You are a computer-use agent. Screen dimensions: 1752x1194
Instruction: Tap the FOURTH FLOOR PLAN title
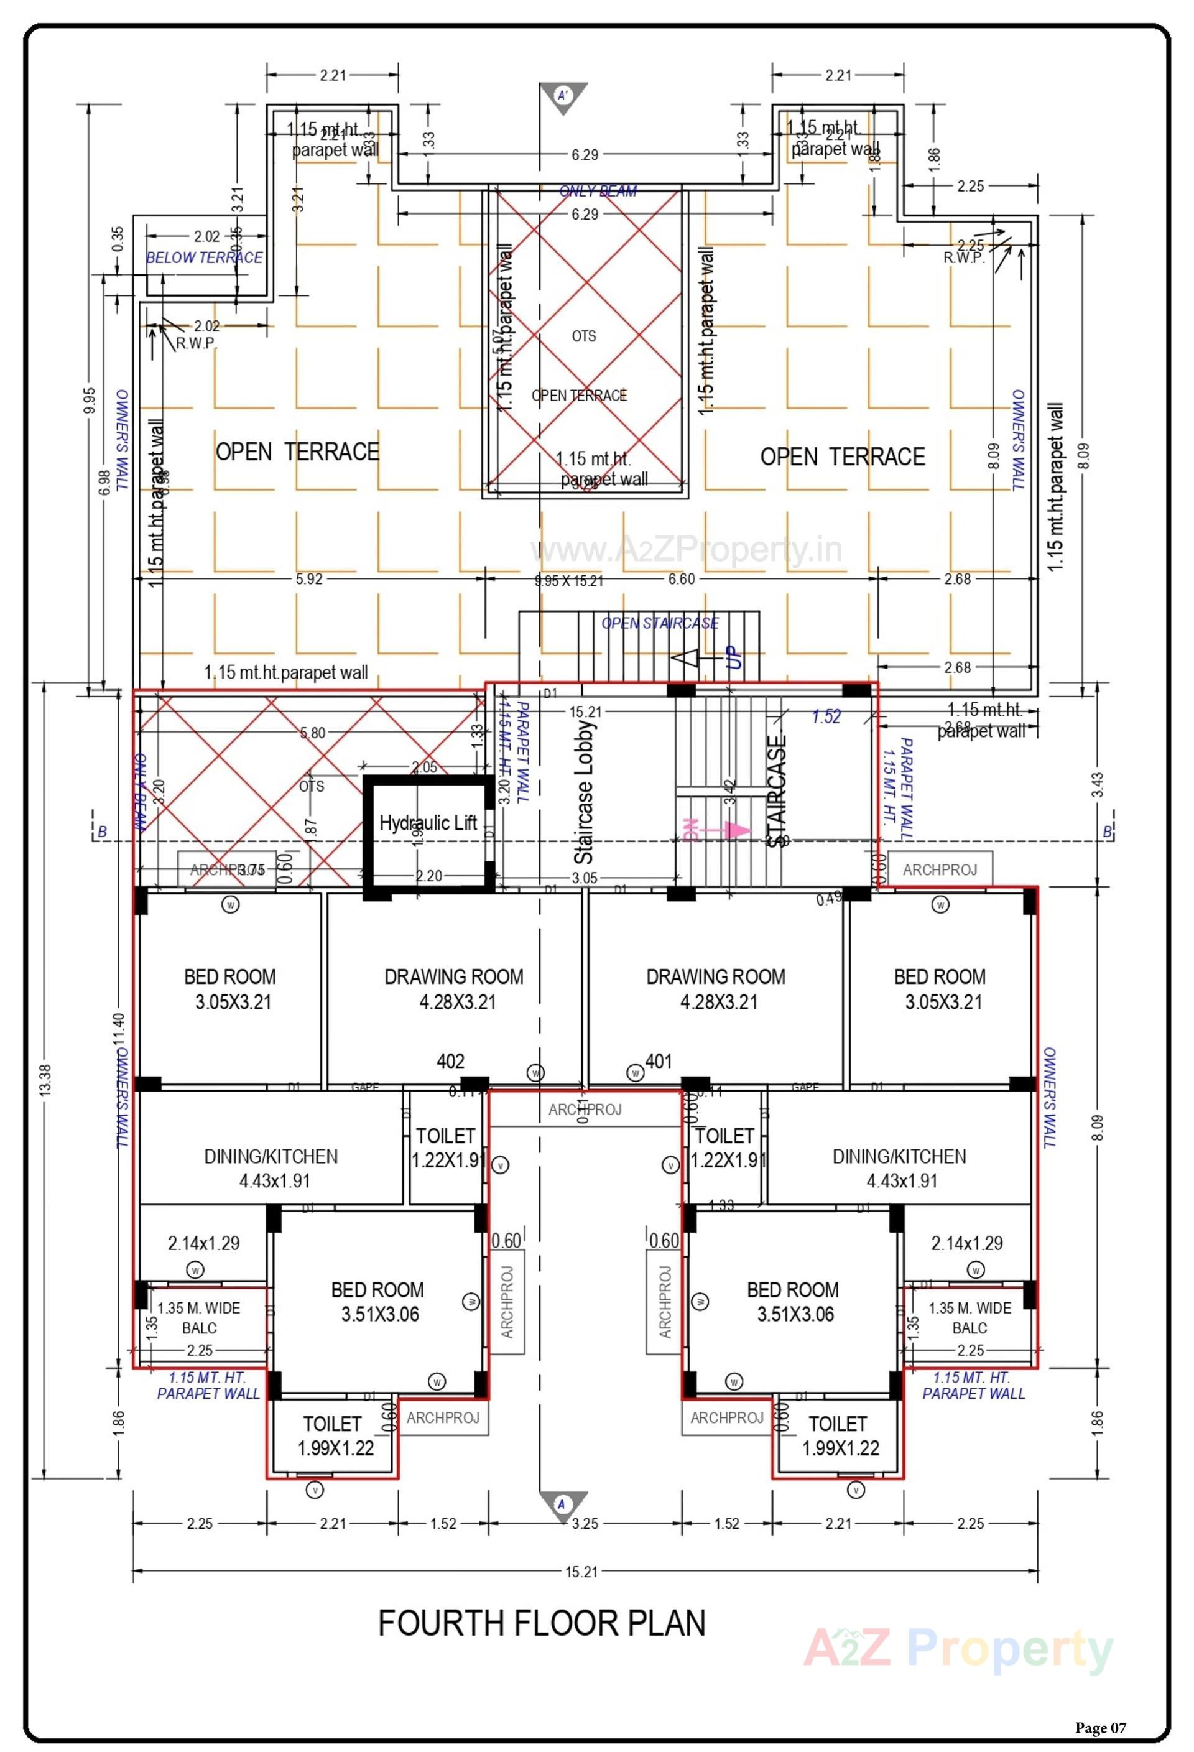tap(541, 1623)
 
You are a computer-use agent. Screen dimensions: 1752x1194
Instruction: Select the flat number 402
tap(450, 1062)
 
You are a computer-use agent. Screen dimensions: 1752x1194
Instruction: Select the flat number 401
tap(658, 1062)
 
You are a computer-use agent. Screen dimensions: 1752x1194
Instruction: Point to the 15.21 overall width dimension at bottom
tap(581, 1572)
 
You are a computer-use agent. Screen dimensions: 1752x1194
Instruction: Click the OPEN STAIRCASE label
tap(660, 623)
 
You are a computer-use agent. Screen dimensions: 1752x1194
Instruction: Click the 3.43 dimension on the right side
tap(1099, 784)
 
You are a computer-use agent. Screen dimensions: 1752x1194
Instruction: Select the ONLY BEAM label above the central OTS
tap(598, 192)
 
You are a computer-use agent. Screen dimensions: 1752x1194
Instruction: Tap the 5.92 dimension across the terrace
tap(308, 579)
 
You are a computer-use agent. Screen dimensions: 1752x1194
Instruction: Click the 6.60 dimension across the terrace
tap(682, 579)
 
